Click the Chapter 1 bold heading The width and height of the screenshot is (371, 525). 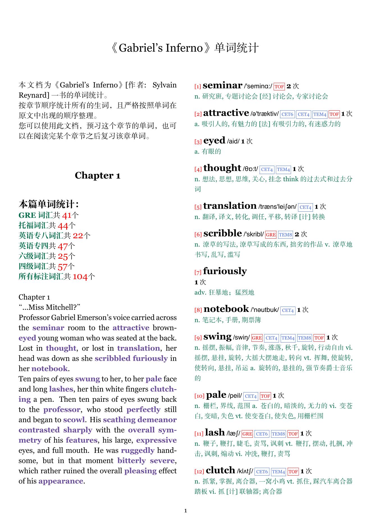[x=97, y=175]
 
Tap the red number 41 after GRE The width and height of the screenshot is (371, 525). [x=67, y=216]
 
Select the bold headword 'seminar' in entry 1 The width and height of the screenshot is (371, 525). [x=222, y=85]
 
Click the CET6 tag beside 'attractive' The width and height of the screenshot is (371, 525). [x=287, y=114]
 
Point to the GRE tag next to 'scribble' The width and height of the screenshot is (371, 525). [x=271, y=235]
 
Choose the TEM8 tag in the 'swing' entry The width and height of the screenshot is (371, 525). [x=304, y=338]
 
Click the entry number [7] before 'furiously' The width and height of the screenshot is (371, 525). [x=198, y=272]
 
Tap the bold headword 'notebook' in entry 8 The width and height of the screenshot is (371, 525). [x=226, y=309]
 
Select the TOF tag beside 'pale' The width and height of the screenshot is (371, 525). [x=265, y=396]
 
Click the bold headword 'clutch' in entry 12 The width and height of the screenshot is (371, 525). [x=220, y=470]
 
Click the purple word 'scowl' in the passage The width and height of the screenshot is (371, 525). [x=74, y=420]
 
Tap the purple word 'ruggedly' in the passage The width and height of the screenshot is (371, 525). [x=138, y=450]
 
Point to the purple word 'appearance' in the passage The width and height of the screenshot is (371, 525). [x=61, y=481]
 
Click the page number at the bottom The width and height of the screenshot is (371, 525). [x=186, y=511]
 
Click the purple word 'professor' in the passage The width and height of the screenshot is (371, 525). [x=62, y=410]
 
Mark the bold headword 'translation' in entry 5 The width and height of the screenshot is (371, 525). [x=230, y=206]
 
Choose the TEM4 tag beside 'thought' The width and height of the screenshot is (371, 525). [x=283, y=170]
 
